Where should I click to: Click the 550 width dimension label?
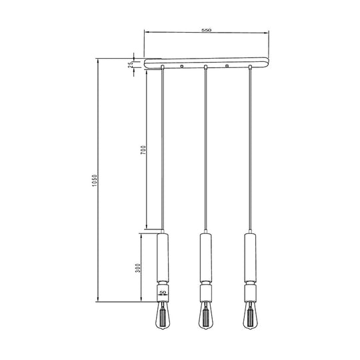point(206,30)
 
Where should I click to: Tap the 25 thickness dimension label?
point(131,65)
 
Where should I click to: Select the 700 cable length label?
point(143,150)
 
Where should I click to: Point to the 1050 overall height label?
point(95,181)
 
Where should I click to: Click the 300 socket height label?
point(138,268)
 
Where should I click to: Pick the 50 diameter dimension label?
point(163,293)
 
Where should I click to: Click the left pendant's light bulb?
point(163,316)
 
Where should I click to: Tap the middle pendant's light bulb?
point(205,316)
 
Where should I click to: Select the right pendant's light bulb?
point(250,316)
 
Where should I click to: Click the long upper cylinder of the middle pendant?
point(206,257)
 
